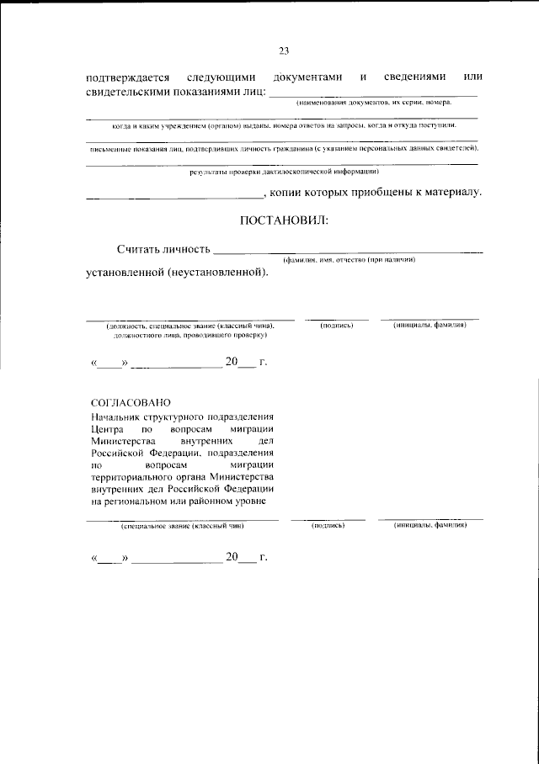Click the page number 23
click(x=284, y=51)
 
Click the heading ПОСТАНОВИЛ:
click(x=284, y=220)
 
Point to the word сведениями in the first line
click(x=416, y=77)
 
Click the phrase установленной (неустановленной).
click(x=179, y=273)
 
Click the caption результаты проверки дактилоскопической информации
click(x=284, y=172)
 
